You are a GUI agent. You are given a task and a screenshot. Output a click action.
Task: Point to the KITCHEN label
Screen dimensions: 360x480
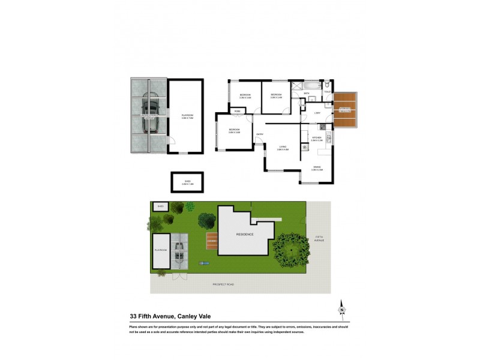(317, 137)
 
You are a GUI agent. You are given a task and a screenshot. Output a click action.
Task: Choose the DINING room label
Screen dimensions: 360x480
(317, 168)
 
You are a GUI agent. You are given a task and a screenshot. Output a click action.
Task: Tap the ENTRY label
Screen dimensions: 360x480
(260, 134)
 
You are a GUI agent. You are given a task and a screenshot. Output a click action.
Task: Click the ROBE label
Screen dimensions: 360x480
(238, 112)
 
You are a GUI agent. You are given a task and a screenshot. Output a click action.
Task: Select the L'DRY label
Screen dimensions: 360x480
(317, 113)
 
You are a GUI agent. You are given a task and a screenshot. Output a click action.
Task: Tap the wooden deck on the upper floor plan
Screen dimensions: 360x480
(346, 109)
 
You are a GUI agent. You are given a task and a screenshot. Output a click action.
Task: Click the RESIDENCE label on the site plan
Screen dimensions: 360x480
(245, 234)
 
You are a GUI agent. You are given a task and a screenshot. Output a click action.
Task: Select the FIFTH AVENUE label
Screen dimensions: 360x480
(319, 239)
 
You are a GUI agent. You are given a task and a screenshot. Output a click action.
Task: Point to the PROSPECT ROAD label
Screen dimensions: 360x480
(223, 283)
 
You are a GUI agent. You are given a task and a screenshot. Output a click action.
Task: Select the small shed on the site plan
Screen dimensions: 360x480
(160, 206)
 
